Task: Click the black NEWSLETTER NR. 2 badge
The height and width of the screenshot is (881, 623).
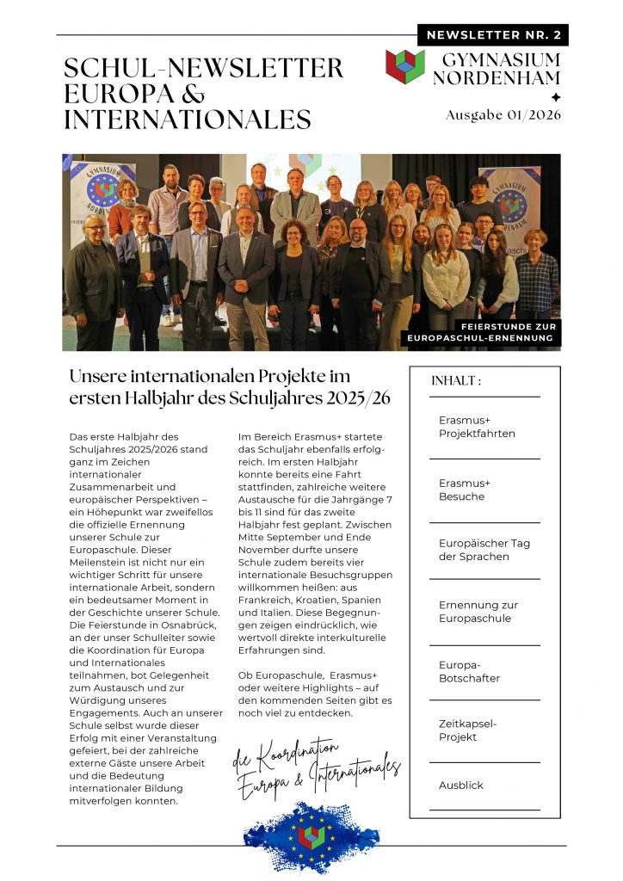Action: tap(493, 35)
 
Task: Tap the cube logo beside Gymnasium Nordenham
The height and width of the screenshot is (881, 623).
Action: tap(405, 66)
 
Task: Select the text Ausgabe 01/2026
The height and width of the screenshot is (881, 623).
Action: tap(503, 114)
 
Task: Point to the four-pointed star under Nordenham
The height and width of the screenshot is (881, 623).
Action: tap(556, 97)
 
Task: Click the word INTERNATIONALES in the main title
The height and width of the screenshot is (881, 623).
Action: tap(188, 119)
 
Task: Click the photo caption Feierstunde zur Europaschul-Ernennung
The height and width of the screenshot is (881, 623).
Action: tap(484, 333)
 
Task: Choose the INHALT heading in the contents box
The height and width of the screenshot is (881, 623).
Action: tap(456, 381)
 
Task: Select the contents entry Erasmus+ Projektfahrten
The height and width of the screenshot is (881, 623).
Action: tap(477, 427)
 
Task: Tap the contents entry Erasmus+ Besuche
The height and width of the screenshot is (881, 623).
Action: tap(465, 490)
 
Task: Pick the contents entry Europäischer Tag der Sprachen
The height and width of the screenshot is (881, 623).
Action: tap(484, 550)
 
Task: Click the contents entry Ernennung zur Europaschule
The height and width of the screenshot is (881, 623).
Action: tap(478, 612)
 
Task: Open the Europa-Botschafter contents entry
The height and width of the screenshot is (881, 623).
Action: tap(469, 672)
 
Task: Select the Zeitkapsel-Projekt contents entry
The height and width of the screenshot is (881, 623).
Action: tap(467, 730)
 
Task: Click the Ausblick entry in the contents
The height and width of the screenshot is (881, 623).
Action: tap(461, 786)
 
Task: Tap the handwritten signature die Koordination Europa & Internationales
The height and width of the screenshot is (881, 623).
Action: tap(317, 768)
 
